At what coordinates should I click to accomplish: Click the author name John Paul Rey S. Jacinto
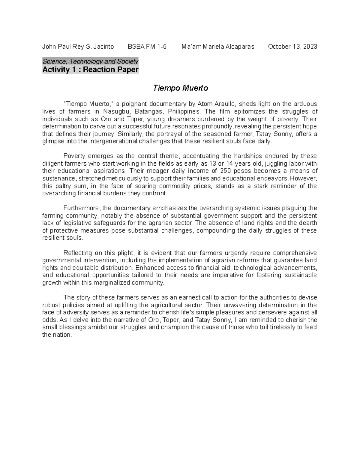78,47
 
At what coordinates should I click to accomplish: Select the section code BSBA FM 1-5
147,47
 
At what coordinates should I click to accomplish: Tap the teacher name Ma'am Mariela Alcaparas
218,47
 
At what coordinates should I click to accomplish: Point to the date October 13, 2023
292,47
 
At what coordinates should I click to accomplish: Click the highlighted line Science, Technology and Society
90,62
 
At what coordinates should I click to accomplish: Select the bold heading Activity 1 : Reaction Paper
90,70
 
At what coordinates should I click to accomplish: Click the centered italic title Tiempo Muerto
180,88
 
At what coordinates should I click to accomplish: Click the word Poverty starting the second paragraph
74,156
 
